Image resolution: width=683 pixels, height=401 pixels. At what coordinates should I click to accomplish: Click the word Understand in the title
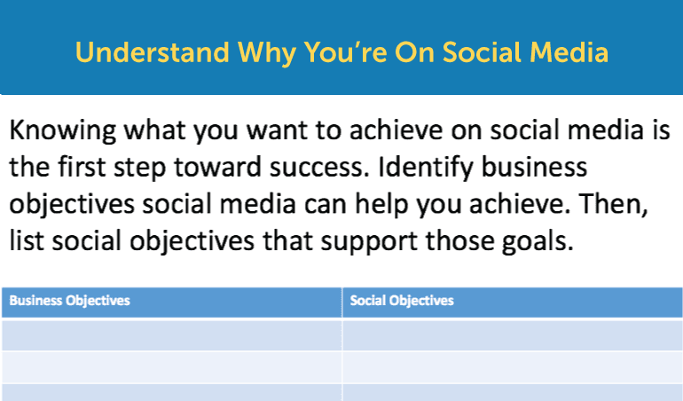click(x=153, y=52)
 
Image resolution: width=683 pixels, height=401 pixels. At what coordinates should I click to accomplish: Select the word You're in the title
click(x=345, y=52)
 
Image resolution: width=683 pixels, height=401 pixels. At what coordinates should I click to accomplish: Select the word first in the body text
click(x=82, y=167)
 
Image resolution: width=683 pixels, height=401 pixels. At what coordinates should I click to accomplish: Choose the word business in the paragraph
click(x=534, y=167)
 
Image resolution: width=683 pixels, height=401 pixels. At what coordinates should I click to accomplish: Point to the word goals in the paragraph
click(x=538, y=242)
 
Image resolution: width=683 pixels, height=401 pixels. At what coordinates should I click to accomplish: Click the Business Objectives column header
click(x=70, y=301)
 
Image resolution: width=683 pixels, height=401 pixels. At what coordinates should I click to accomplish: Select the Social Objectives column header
click(x=402, y=301)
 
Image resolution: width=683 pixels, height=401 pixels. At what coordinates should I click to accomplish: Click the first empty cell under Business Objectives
click(x=171, y=335)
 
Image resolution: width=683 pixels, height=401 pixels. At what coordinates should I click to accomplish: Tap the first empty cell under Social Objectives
click(x=513, y=335)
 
